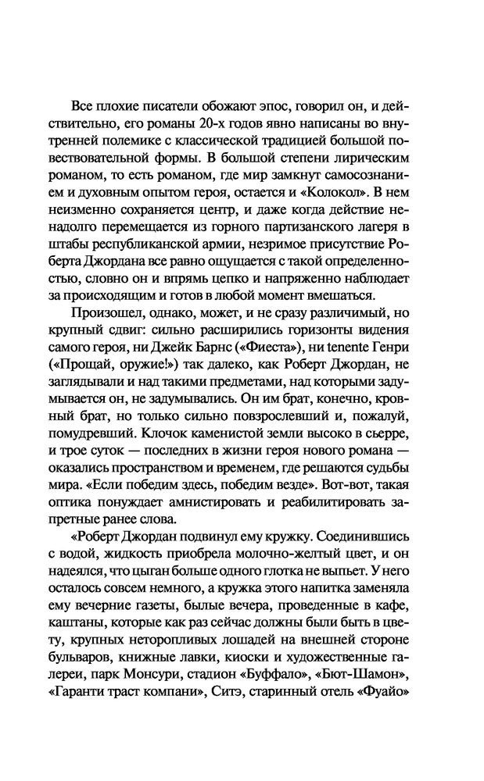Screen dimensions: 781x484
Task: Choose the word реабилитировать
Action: click(x=347, y=493)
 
